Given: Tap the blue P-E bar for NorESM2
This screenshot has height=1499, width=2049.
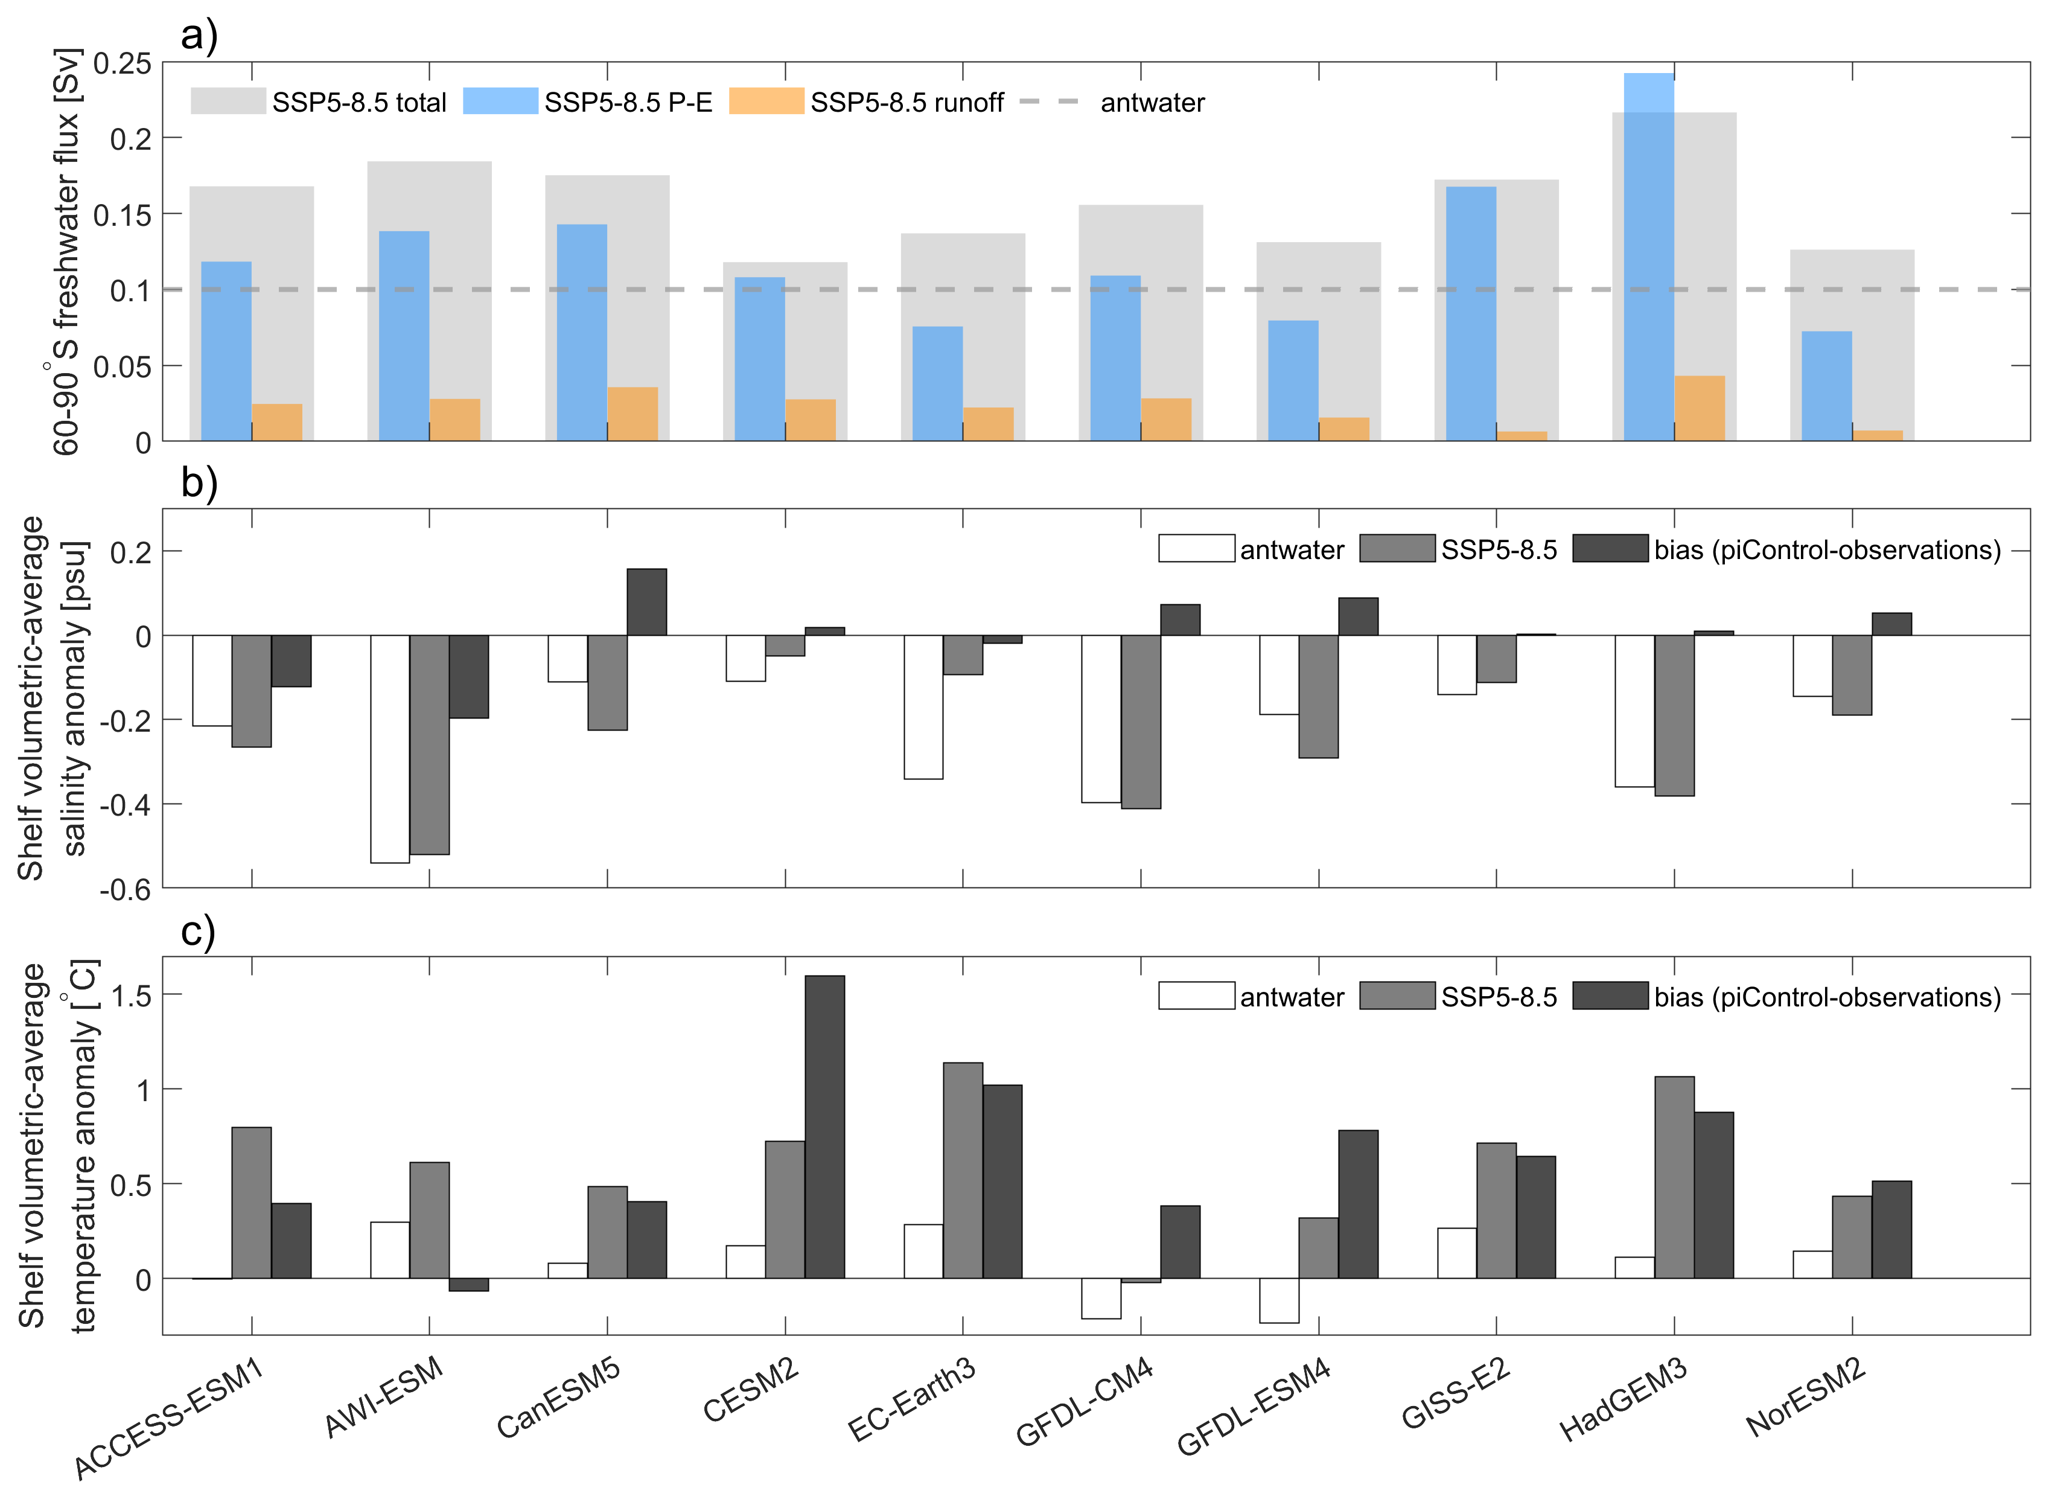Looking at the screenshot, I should click(x=1826, y=386).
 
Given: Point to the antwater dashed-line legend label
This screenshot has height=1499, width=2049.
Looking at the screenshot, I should click(x=1152, y=103).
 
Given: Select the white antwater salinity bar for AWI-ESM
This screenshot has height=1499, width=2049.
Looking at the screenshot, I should click(x=390, y=749).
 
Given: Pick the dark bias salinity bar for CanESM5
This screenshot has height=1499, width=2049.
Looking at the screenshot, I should click(x=647, y=602).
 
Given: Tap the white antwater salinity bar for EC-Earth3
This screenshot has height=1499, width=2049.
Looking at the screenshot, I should click(x=923, y=707).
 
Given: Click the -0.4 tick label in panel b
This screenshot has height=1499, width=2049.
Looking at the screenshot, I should click(x=125, y=805).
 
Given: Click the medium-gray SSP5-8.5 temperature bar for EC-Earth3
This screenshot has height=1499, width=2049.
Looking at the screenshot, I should click(x=963, y=1171).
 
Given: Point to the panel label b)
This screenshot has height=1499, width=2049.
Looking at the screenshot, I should click(x=199, y=483).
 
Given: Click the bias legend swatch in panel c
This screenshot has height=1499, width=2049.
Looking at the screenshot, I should click(x=1610, y=996).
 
